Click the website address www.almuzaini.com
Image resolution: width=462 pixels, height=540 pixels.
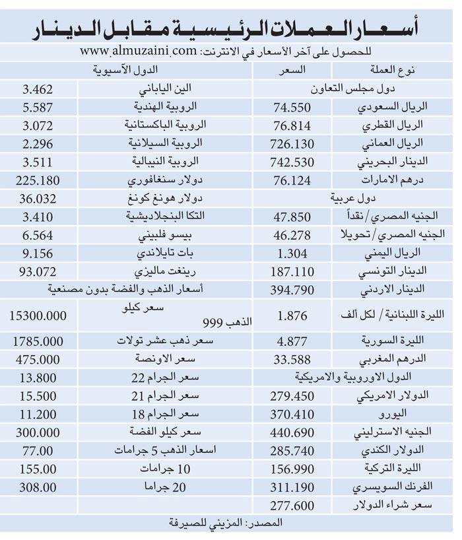pyautogui.click(x=139, y=50)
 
